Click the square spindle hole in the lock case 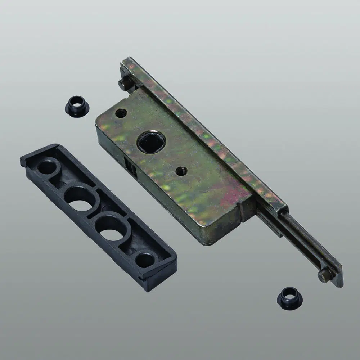(x=151, y=142)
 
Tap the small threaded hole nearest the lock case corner (x=121, y=113)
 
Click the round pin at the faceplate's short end (x=125, y=85)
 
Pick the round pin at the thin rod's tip (x=324, y=275)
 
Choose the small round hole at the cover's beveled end (x=145, y=260)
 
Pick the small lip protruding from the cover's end (x=23, y=161)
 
